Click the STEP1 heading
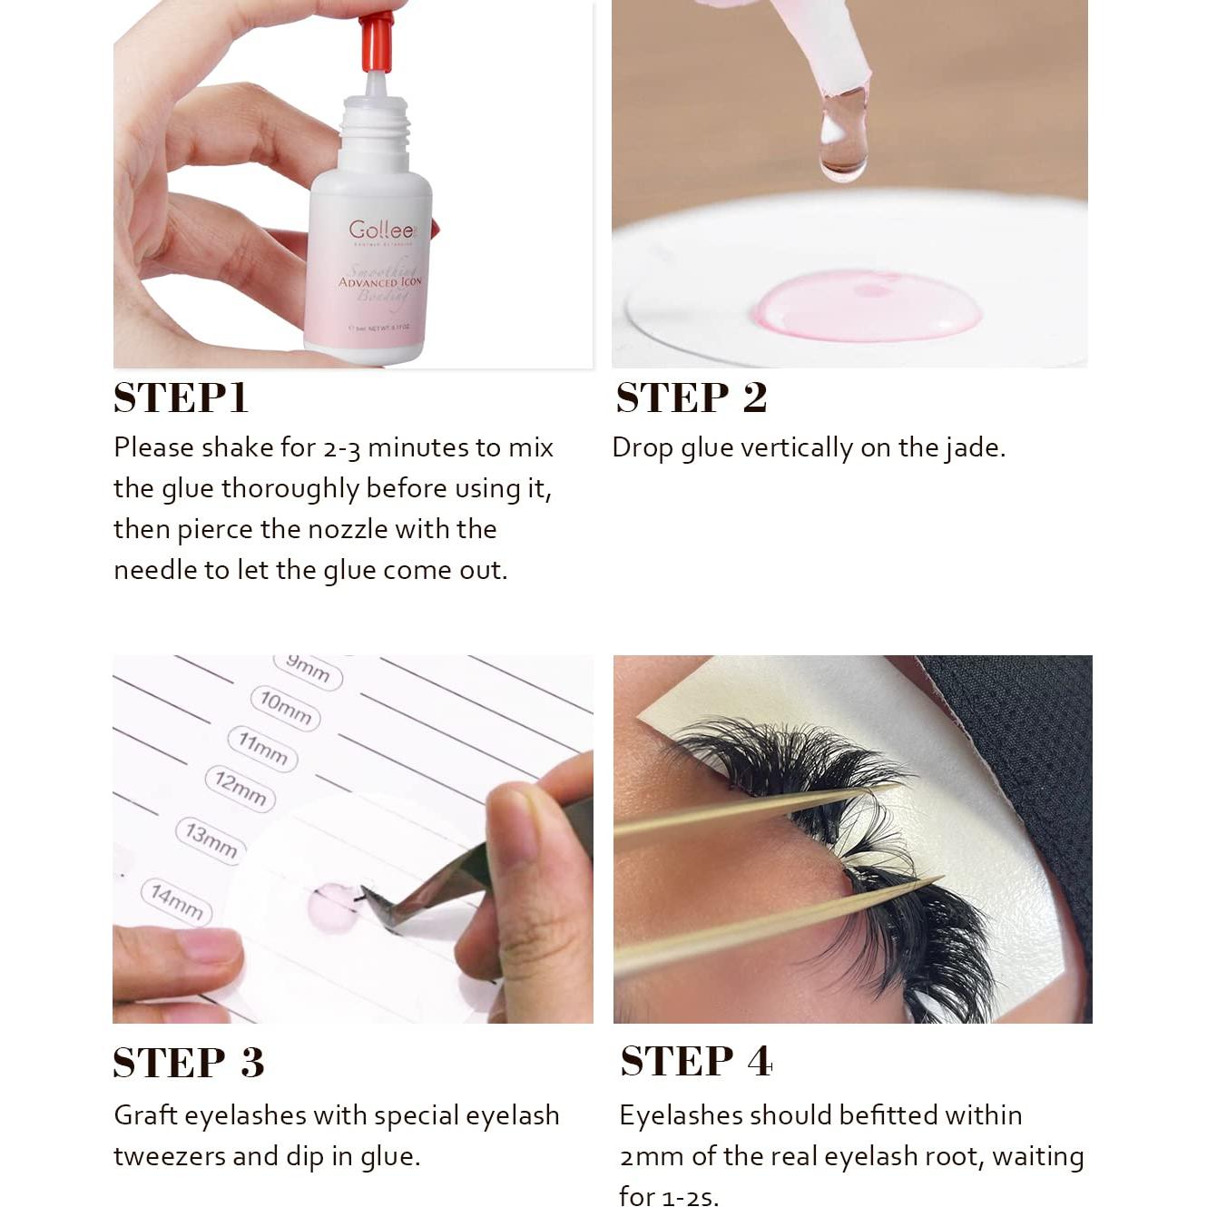point(181,398)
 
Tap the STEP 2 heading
point(692,398)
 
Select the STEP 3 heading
point(189,1063)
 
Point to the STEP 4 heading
point(696,1061)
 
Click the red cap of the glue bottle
point(377,41)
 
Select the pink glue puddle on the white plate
point(867,306)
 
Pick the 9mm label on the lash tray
point(309,669)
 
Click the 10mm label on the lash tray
point(285,708)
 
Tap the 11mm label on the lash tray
point(262,749)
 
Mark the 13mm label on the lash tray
point(211,840)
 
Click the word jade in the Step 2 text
point(974,448)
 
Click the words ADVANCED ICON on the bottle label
point(380,282)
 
